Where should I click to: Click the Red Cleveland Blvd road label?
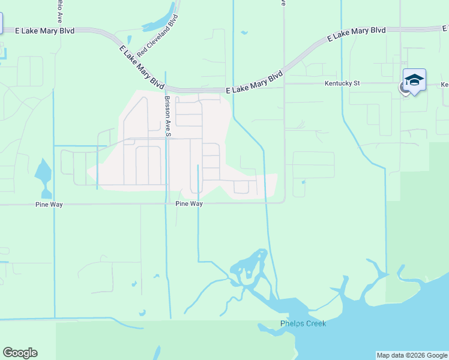pos(158,37)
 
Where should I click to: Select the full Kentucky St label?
pos(342,83)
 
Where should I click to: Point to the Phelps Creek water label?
pos(303,324)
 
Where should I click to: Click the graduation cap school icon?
pos(414,80)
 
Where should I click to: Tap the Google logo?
pos(20,353)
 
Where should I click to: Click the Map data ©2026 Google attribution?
pos(412,355)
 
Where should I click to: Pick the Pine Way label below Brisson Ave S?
pos(189,204)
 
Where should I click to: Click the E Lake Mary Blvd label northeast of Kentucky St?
pos(357,34)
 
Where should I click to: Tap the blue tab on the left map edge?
pos(1,23)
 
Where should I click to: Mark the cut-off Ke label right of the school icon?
pos(445,85)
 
